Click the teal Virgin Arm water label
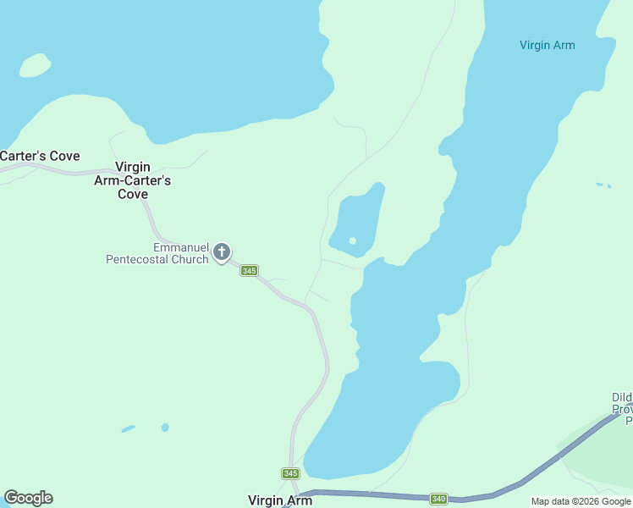547,45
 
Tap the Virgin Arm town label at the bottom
280,500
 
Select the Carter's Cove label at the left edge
40,156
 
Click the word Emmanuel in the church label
181,247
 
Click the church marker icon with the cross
222,251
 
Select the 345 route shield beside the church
249,270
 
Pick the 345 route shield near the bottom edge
290,472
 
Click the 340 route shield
438,499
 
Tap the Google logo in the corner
28,498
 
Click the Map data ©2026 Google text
581,501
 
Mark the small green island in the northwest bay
34,65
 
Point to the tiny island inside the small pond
352,240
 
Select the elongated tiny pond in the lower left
128,429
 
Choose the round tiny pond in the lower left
165,427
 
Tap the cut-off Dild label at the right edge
622,397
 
